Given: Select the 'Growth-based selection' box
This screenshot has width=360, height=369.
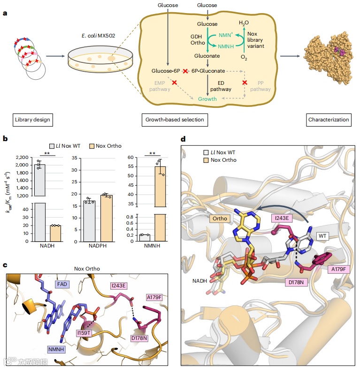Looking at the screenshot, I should pos(173,120).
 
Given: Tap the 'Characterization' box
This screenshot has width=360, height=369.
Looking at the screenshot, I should pos(329,120).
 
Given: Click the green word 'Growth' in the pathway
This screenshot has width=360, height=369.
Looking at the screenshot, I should pos(207,99).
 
